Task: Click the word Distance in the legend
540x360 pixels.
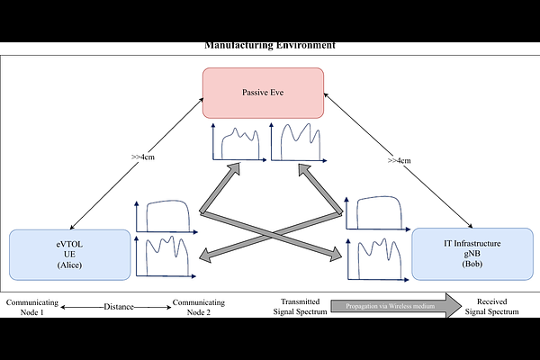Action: [x=118, y=307]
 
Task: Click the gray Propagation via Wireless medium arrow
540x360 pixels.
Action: [x=395, y=307]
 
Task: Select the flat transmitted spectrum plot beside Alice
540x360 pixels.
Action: [x=166, y=217]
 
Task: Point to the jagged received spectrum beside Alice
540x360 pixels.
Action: [x=166, y=256]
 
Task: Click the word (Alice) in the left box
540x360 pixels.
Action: [x=69, y=265]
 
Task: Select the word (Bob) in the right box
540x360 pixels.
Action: [x=467, y=265]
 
